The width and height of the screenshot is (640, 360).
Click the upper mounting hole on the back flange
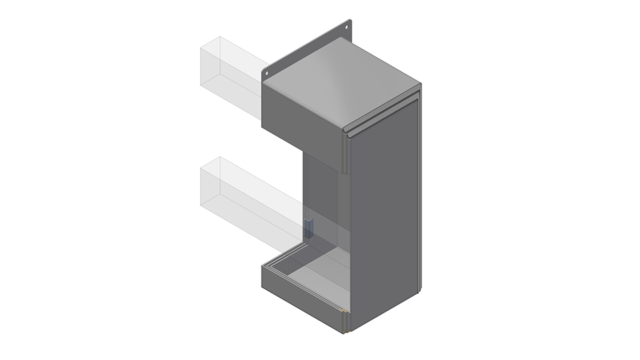pos(347,27)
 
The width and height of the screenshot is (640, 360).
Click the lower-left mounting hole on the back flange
pos(267,73)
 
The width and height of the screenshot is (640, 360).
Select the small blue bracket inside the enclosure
pos(309,226)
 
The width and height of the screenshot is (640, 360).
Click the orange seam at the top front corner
pos(345,150)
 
